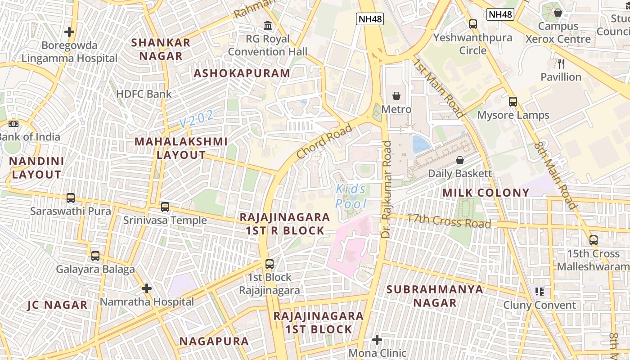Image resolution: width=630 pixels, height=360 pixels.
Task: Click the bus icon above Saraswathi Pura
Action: pyautogui.click(x=71, y=198)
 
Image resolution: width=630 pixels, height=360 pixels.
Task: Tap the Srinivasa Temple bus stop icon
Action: pyautogui.click(x=165, y=207)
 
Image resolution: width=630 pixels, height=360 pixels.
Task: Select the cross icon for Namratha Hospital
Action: pyautogui.click(x=147, y=288)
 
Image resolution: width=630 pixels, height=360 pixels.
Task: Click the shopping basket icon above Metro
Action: pyautogui.click(x=396, y=96)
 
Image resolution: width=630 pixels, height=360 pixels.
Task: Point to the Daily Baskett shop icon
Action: pyautogui.click(x=460, y=160)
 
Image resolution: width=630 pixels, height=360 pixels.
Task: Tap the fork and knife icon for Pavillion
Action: pyautogui.click(x=561, y=63)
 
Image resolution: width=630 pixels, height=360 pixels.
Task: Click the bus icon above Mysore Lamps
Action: pyautogui.click(x=513, y=102)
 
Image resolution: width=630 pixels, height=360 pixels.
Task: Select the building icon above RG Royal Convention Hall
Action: pyautogui.click(x=268, y=25)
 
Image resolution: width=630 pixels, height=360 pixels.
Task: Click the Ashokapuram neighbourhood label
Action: pyautogui.click(x=242, y=73)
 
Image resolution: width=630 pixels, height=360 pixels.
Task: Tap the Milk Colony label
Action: pyautogui.click(x=486, y=193)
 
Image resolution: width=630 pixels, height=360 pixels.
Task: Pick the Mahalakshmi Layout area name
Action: pyautogui.click(x=181, y=148)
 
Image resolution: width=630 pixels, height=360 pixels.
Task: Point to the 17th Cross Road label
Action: pyautogui.click(x=449, y=220)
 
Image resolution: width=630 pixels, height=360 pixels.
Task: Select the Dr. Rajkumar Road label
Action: pyautogui.click(x=387, y=189)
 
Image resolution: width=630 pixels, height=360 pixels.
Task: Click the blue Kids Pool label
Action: pyautogui.click(x=351, y=197)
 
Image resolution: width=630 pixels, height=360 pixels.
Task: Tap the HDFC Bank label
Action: pyautogui.click(x=144, y=94)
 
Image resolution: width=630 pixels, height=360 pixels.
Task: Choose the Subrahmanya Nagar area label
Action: pyautogui.click(x=435, y=296)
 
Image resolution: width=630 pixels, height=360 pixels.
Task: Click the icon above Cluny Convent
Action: pyautogui.click(x=540, y=292)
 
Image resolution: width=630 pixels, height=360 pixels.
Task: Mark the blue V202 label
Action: pyautogui.click(x=197, y=119)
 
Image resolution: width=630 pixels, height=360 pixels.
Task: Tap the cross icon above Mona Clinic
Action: pyautogui.click(x=377, y=339)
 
